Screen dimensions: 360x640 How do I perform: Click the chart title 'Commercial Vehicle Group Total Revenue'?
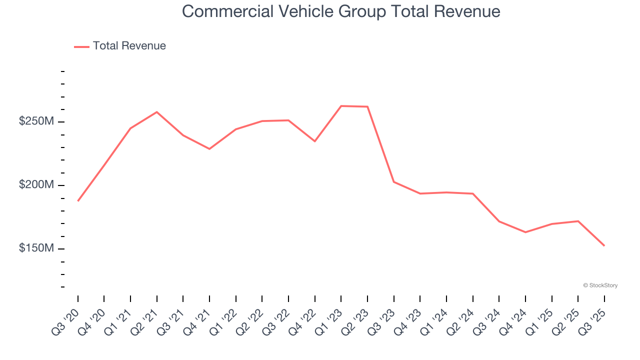[x=341, y=11]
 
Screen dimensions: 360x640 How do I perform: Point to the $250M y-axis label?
[x=36, y=121]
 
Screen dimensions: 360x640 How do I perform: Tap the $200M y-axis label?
[x=36, y=185]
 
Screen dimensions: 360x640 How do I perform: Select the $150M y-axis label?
[x=36, y=248]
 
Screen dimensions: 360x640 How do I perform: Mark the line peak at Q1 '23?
[x=341, y=106]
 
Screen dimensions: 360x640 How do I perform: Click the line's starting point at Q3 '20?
[x=78, y=201]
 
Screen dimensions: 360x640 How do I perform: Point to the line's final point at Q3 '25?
[x=604, y=245]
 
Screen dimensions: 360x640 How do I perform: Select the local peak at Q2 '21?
[x=157, y=112]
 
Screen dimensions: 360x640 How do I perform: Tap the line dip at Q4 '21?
[x=209, y=149]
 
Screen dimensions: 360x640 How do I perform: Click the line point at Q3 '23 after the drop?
[x=394, y=181]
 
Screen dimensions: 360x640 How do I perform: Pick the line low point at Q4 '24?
[x=525, y=232]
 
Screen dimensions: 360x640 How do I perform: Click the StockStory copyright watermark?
[x=600, y=285]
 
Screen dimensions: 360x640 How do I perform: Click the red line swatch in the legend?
[x=81, y=46]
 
